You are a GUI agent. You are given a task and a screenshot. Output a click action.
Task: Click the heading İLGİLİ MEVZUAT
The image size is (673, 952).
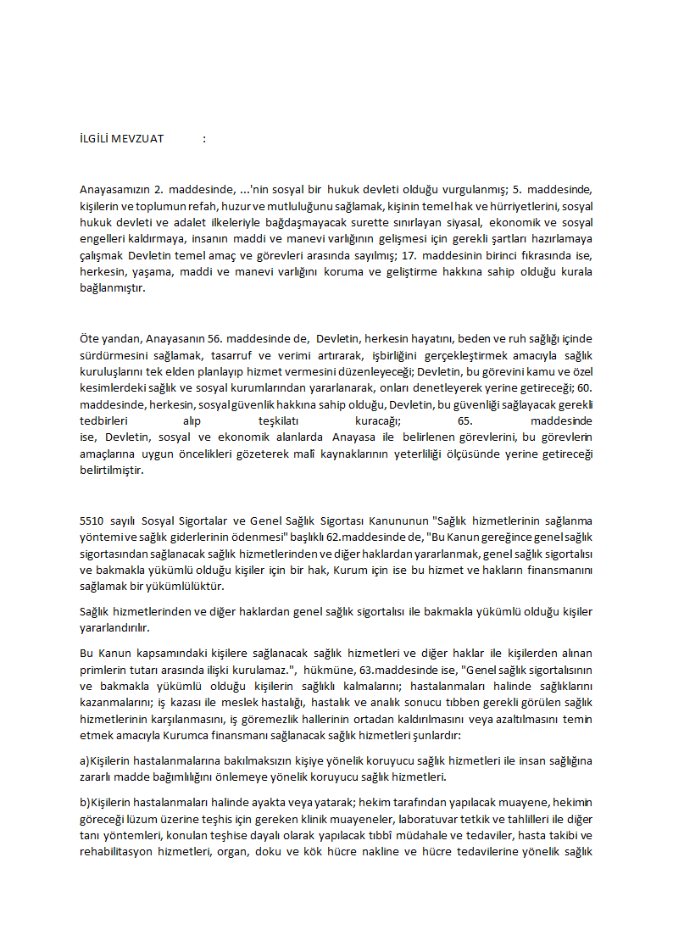(x=121, y=139)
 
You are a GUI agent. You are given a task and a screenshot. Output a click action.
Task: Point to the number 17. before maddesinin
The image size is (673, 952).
(x=410, y=256)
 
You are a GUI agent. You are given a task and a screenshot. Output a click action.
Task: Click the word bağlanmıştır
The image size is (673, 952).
(x=111, y=288)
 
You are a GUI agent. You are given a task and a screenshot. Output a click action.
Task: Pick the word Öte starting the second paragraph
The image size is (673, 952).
(x=89, y=338)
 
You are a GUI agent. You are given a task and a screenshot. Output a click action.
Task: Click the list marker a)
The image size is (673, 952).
(x=84, y=760)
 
